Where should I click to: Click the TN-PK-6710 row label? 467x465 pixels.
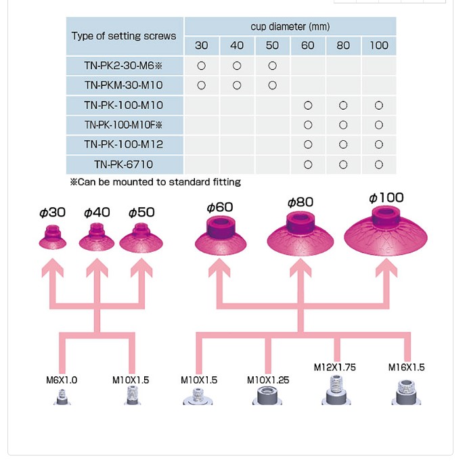pos(124,164)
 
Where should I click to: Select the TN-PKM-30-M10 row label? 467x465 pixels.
pos(124,85)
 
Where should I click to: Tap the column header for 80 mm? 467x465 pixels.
pos(343,45)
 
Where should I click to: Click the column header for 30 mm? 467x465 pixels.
pos(202,45)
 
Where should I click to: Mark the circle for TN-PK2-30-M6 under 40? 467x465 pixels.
pos(237,66)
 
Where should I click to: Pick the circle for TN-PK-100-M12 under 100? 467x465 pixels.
pos(378,145)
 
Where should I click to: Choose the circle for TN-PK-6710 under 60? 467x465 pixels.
pos(308,164)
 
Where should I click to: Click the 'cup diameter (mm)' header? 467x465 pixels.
pos(290,26)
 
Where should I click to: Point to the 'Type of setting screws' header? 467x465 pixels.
pos(124,36)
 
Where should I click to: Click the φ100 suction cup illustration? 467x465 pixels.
pos(386,230)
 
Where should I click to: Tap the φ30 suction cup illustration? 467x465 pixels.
pos(52,238)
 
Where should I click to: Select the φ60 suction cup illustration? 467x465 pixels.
pos(221,236)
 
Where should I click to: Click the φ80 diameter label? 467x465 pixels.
pos(301,202)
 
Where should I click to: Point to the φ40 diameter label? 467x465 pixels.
pos(97,213)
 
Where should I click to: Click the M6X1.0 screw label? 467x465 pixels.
pos(62,380)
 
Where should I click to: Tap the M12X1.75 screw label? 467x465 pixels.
pos(334,368)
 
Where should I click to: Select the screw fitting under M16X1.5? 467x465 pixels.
pos(406,392)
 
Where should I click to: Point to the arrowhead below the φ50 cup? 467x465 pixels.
pos(141,269)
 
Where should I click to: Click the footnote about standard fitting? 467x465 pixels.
pos(155,182)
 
